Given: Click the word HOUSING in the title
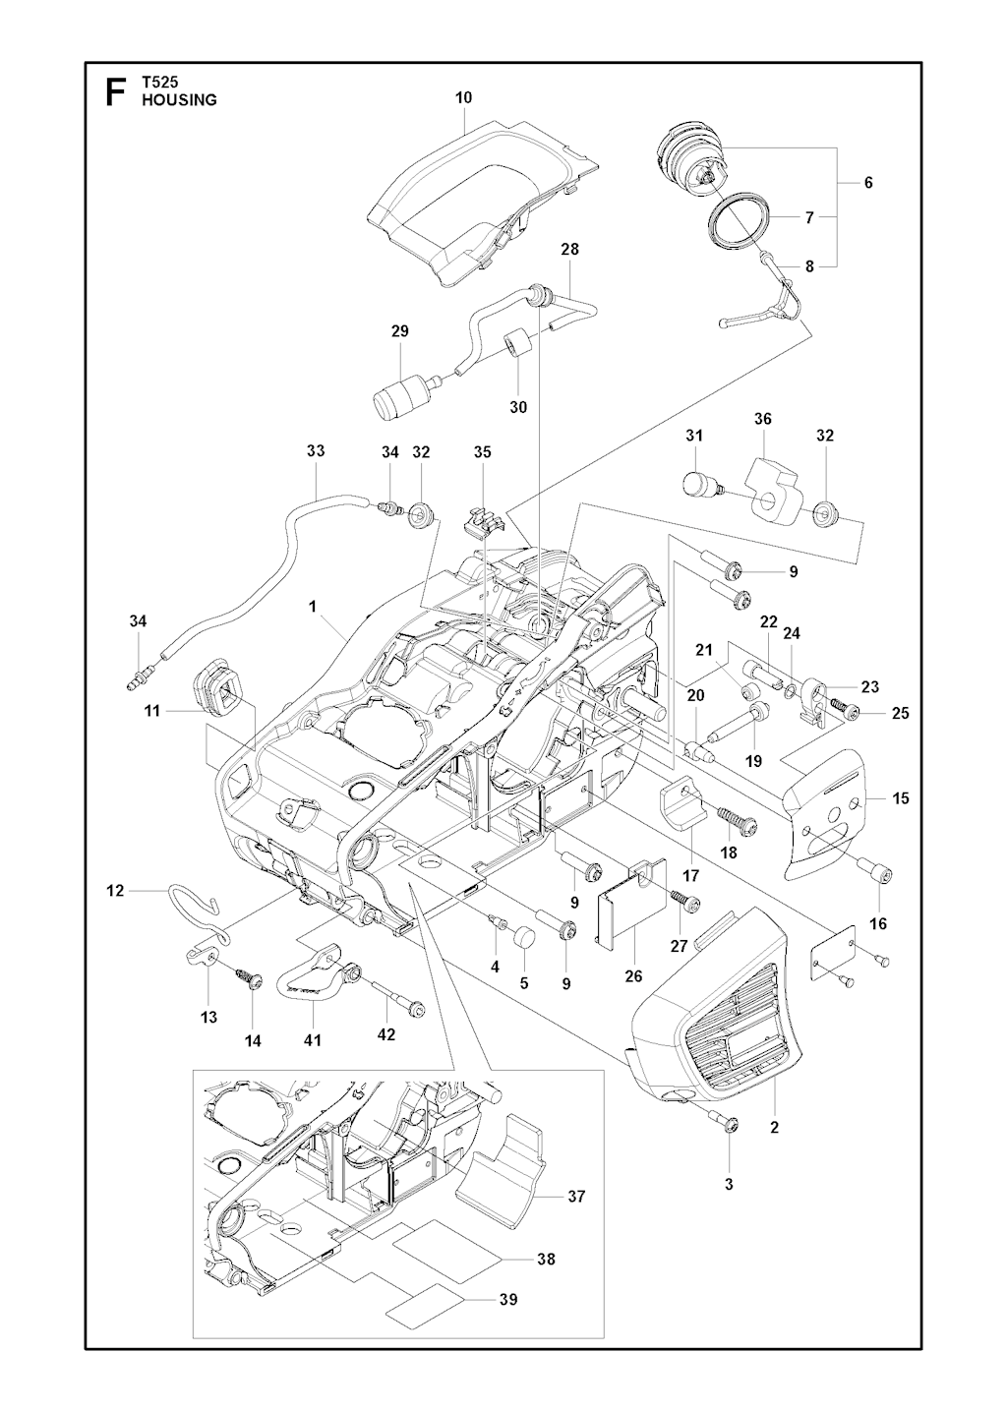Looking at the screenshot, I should pyautogui.click(x=179, y=99).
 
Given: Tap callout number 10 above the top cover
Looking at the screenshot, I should pyautogui.click(x=464, y=97).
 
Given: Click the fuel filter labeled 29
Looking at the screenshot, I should pyautogui.click(x=401, y=392).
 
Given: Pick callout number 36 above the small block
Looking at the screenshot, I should pyautogui.click(x=763, y=419).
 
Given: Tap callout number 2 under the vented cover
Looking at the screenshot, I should pyautogui.click(x=775, y=1128).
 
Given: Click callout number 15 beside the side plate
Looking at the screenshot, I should pyautogui.click(x=901, y=798).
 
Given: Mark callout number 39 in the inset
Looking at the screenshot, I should pyautogui.click(x=507, y=1299).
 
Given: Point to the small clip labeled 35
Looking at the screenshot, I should pyautogui.click(x=479, y=520).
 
